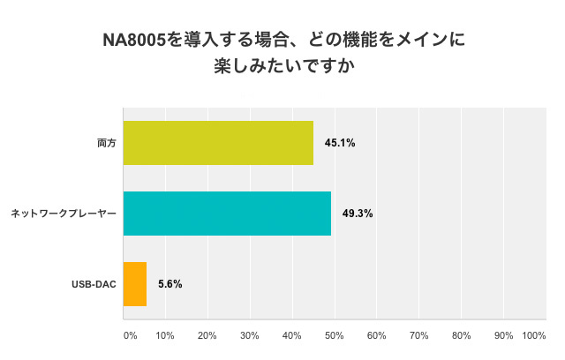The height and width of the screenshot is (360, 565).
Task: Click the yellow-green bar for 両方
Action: pos(218,143)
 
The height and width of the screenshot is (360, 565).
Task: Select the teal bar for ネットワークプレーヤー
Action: pos(227,214)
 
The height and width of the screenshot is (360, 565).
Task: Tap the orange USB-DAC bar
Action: pos(135,284)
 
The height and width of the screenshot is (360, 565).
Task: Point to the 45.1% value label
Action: pos(340,143)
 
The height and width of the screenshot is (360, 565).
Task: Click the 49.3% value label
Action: pos(358,214)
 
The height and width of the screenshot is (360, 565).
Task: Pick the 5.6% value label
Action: pos(170,284)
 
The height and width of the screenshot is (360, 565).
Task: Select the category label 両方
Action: pos(106,143)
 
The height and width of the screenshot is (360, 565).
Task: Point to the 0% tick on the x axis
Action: pos(130,335)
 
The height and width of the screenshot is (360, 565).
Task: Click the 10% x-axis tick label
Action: pos(165,335)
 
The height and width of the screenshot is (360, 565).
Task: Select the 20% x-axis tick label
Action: pos(207,335)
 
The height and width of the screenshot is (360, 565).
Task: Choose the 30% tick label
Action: pos(250,335)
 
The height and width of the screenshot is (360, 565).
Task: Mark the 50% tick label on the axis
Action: pos(335,335)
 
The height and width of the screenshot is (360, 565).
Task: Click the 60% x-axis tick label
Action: pos(377,335)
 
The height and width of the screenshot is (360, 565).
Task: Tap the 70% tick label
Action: pos(419,335)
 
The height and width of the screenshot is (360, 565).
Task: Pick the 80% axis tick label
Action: pos(462,335)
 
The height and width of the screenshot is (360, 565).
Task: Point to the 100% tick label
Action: pos(534,335)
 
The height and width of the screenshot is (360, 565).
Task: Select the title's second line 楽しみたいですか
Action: pos(283,67)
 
